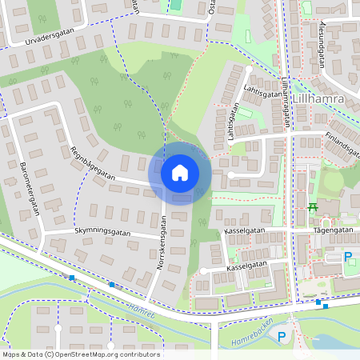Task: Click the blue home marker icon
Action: (180, 172)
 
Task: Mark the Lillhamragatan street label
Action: (286, 102)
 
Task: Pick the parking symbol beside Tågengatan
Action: (347, 257)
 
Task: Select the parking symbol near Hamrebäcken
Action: (282, 337)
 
